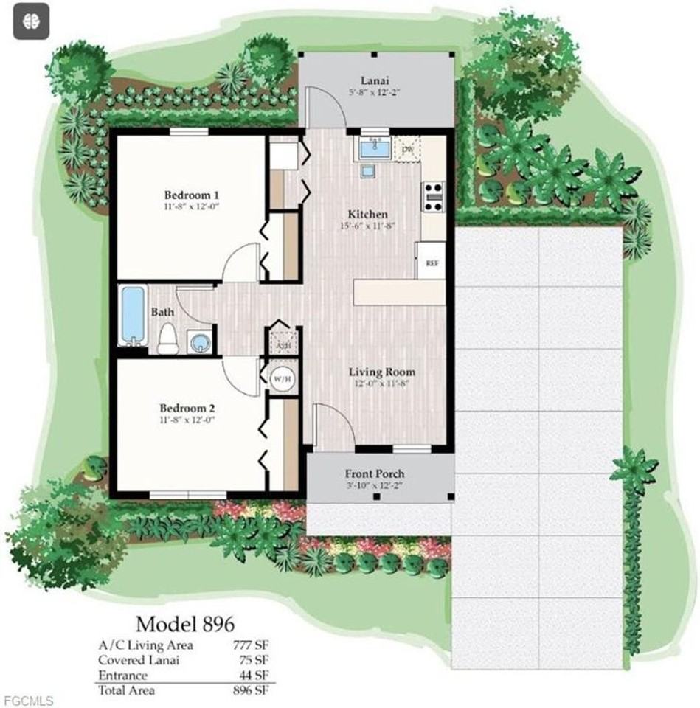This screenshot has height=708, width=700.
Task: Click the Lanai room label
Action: point(375,80)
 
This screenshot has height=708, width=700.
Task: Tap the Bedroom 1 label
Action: point(191,195)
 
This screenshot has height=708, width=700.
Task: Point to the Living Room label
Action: point(381,372)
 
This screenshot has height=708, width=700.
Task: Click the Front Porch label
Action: point(375,473)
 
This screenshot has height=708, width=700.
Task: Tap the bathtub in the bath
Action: point(132,316)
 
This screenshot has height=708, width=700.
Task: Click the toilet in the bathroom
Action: point(167,339)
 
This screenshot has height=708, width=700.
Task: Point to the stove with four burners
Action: point(433,197)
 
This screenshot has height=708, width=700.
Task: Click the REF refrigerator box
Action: point(430,263)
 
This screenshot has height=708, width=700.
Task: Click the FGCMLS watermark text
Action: point(27,698)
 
